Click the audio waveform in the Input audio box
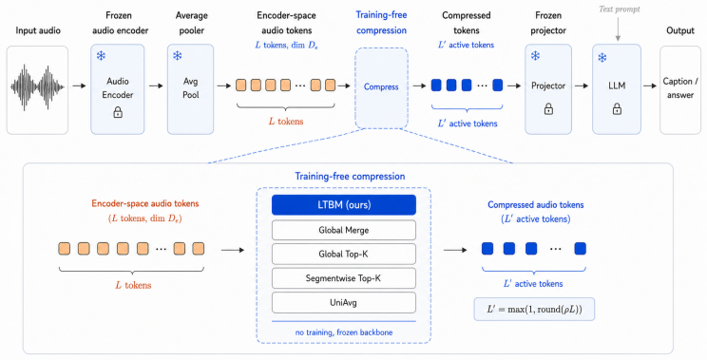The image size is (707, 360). pos(37,87)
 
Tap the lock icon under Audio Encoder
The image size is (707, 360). pos(118,112)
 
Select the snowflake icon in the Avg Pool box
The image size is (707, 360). pos(178,55)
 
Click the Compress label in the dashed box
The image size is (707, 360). pos(381,87)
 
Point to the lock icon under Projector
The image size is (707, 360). pos(548,109)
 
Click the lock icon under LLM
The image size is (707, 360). pos(617,109)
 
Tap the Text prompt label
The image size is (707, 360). pos(619,9)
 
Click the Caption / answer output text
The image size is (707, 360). pos(680,87)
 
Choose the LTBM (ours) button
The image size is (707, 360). pos(344,205)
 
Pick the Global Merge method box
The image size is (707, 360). pos(344,230)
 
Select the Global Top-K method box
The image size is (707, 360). pos(344,255)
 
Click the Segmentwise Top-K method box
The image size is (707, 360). pos(344,278)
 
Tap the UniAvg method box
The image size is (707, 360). pos(344,303)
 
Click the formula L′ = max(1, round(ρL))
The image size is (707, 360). pos(534,310)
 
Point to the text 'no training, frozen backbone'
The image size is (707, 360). pos(344,332)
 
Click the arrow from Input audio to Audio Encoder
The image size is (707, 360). pos(79,85)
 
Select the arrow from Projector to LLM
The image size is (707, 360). pos(582,85)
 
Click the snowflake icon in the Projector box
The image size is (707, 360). pos(535,56)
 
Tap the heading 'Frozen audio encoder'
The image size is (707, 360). pos(120,23)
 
